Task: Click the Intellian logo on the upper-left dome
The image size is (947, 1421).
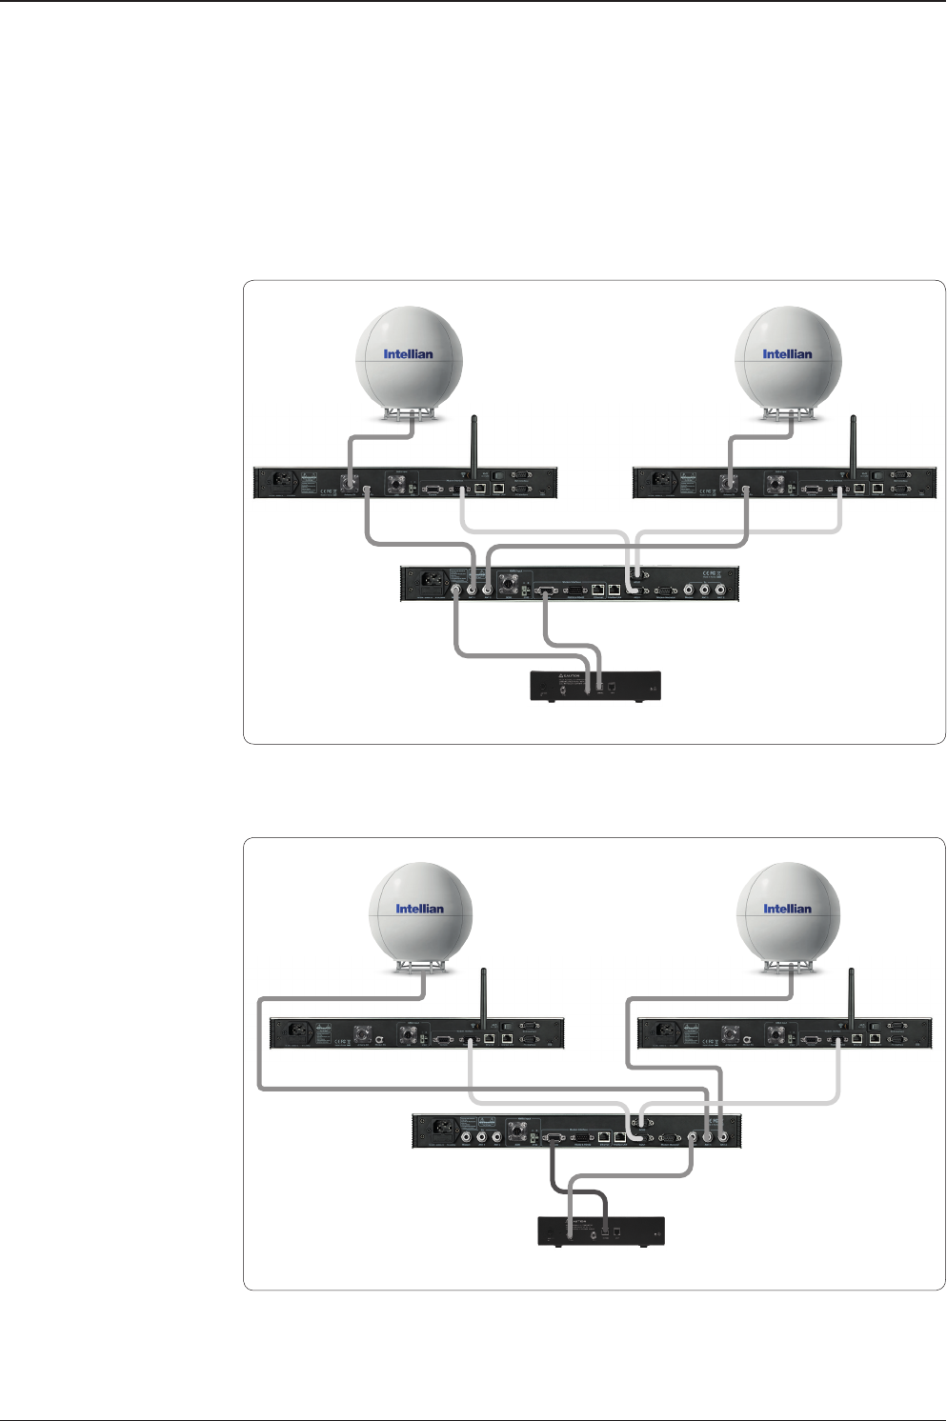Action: [408, 354]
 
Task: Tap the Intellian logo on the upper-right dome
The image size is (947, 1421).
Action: [787, 354]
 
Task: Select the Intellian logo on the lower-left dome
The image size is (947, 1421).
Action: [420, 909]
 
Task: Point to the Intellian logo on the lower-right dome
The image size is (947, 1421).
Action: [787, 909]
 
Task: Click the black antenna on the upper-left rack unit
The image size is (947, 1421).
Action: [474, 444]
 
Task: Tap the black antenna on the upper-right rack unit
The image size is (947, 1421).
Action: [854, 444]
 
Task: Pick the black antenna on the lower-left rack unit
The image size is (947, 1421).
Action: [483, 996]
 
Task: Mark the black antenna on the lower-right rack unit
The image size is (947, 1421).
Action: [851, 996]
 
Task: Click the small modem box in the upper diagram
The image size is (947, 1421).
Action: [594, 686]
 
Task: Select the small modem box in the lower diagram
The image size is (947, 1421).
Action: [600, 1231]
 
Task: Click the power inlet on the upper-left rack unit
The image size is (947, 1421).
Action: [283, 483]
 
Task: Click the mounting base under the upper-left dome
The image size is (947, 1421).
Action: [409, 413]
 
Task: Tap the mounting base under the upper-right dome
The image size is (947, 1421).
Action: [788, 413]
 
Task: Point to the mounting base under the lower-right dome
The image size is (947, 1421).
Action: [788, 968]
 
